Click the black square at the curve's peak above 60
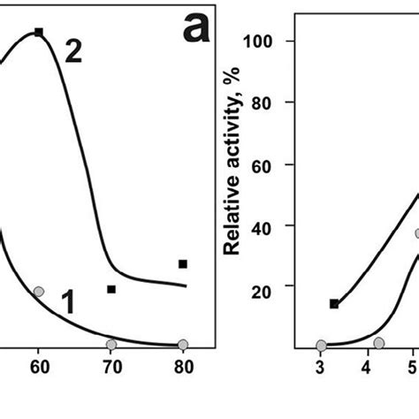pyautogui.click(x=39, y=32)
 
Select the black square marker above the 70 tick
pyautogui.click(x=111, y=289)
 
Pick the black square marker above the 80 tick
pyautogui.click(x=183, y=263)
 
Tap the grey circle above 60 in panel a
pyautogui.click(x=38, y=291)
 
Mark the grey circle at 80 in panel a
pyautogui.click(x=183, y=345)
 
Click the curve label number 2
pyautogui.click(x=73, y=51)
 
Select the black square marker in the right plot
pyautogui.click(x=334, y=304)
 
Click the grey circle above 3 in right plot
pyautogui.click(x=321, y=346)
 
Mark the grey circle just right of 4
pyautogui.click(x=379, y=342)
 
